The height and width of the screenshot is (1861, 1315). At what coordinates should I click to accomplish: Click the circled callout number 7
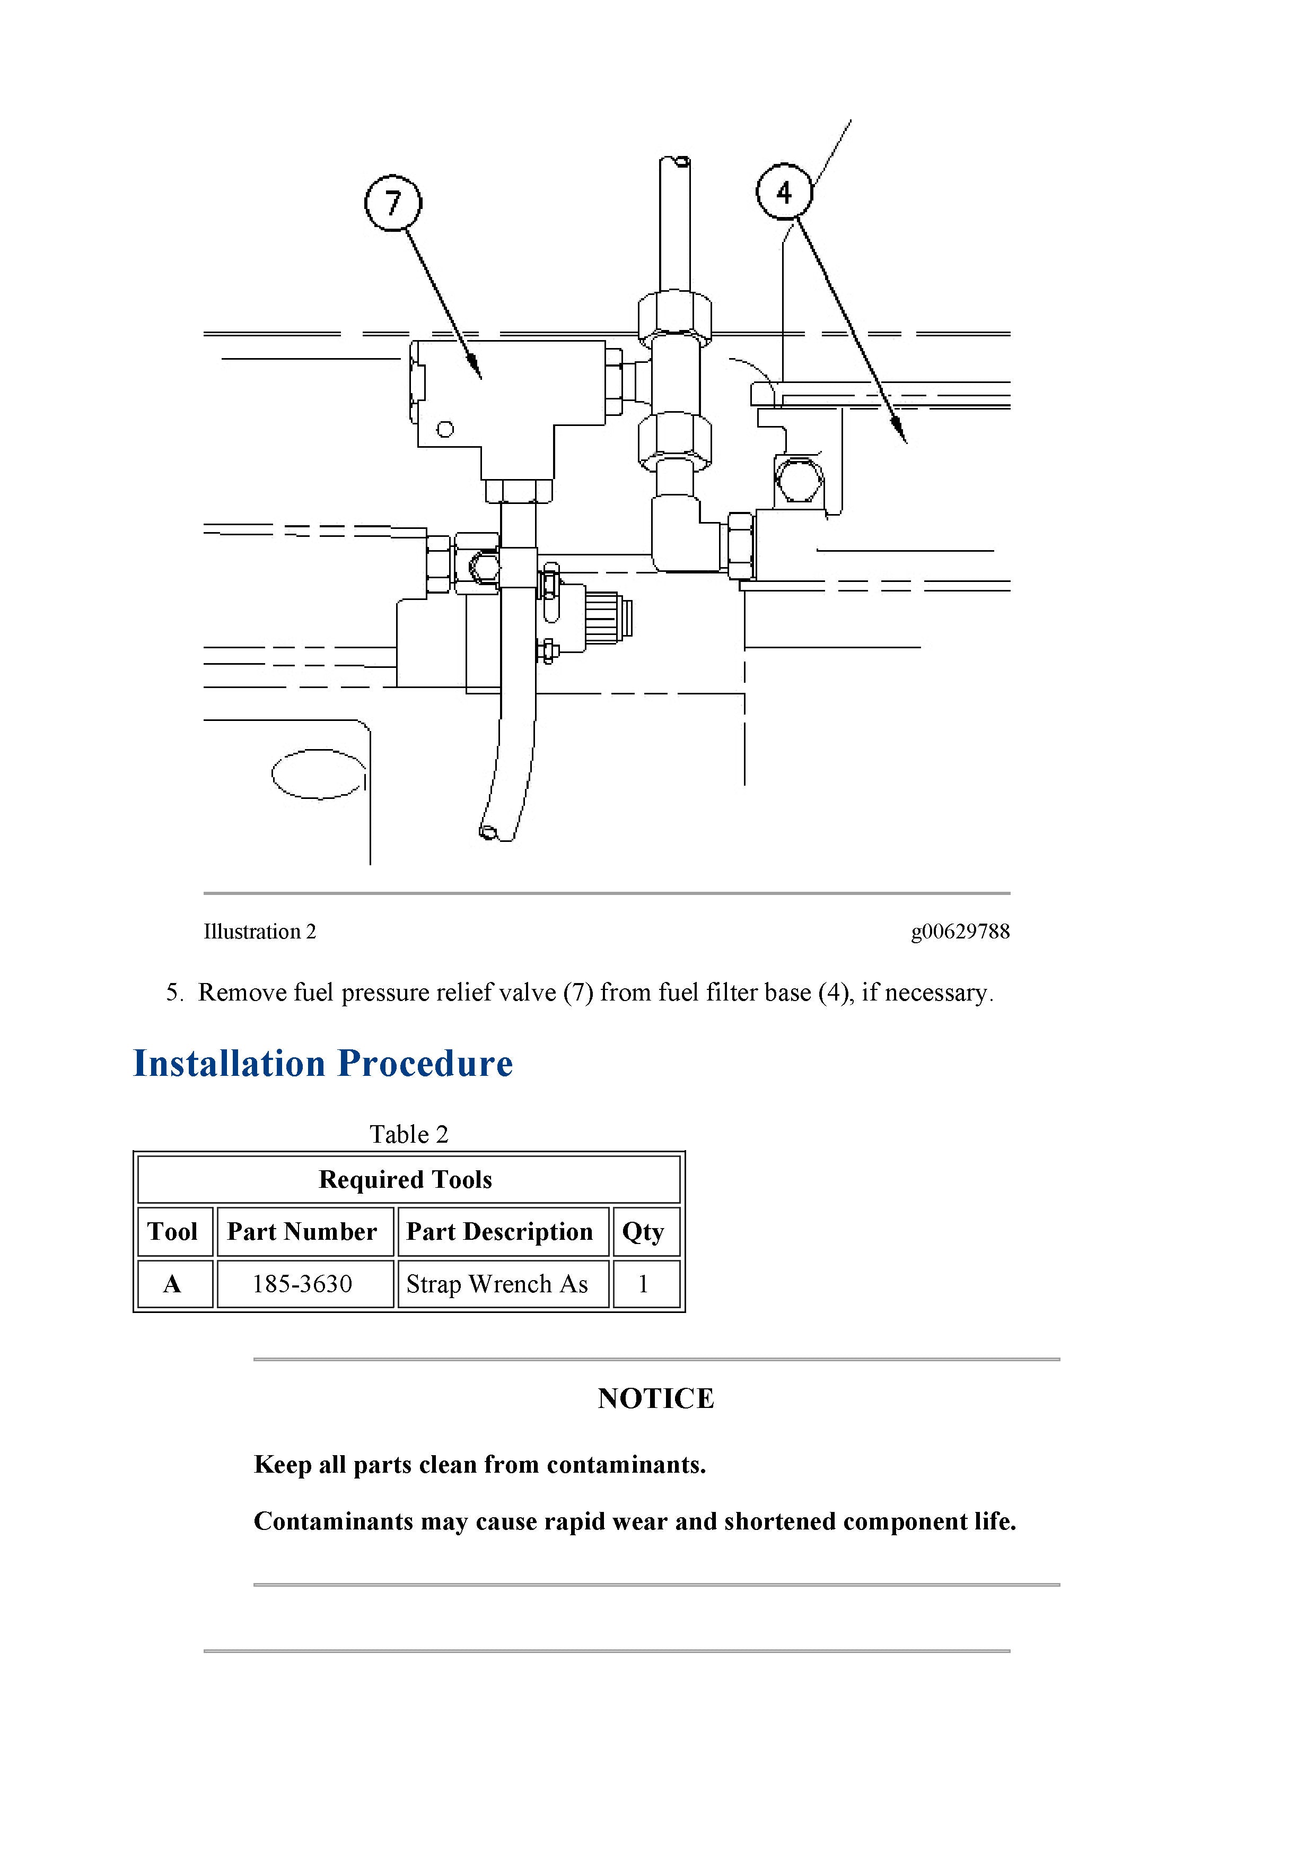[393, 203]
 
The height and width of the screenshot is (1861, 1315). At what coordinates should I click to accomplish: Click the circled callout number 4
[784, 192]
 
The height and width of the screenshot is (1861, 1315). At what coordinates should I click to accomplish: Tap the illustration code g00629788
[960, 932]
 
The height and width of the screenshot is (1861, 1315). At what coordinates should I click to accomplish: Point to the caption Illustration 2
[259, 932]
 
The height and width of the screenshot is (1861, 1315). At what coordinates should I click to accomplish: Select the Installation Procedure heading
[322, 1064]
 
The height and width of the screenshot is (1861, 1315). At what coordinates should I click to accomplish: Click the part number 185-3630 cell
[302, 1284]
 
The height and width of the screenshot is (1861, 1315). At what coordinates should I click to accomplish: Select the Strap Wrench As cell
[497, 1284]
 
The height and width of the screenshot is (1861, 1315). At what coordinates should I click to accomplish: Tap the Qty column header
[643, 1232]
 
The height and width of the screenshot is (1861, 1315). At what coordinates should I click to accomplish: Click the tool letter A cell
[172, 1284]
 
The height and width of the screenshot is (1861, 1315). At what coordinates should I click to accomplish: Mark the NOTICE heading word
[655, 1398]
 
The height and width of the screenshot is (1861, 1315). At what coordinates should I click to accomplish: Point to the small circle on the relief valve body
[445, 430]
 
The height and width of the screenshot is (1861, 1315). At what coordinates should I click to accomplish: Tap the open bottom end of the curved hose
[489, 832]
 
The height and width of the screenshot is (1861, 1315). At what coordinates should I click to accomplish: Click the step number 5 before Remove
[173, 993]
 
